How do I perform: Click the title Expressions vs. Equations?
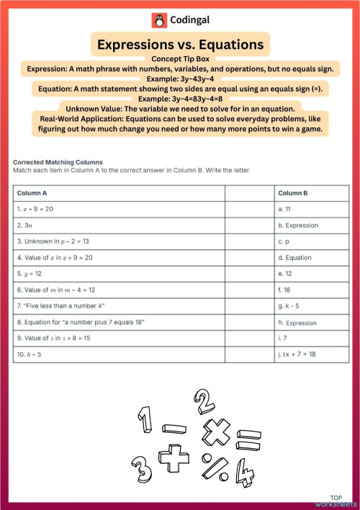click(180, 45)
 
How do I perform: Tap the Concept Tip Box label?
click(180, 59)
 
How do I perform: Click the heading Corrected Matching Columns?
click(58, 162)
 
